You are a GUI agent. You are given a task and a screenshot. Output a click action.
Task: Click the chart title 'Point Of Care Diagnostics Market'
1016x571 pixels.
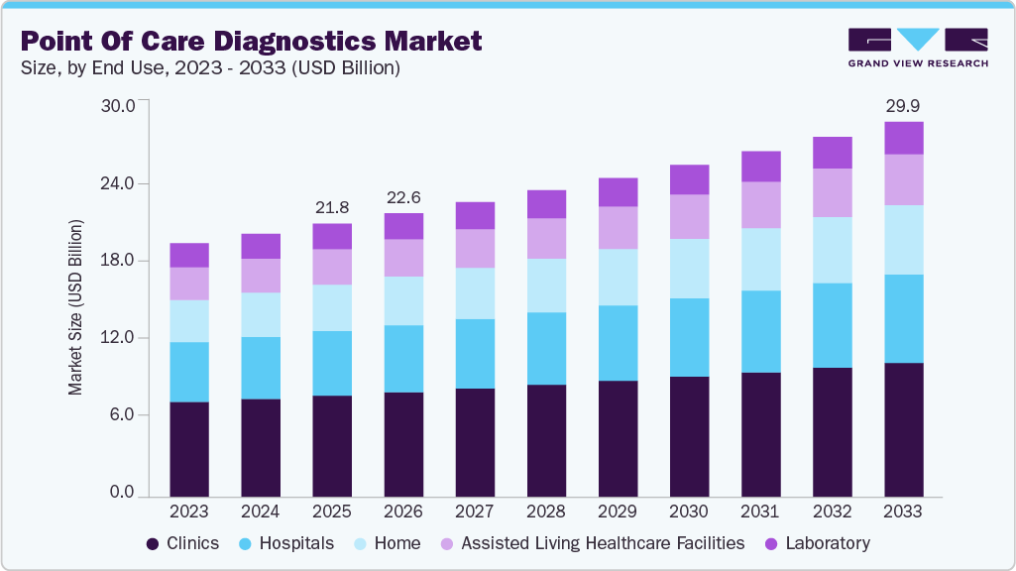(x=251, y=41)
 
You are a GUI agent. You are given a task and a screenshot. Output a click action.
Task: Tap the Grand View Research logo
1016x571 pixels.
(x=917, y=48)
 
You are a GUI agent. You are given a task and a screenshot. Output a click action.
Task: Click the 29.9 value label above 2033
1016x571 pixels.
(x=903, y=105)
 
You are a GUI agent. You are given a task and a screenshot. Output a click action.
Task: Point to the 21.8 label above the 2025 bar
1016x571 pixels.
(x=331, y=207)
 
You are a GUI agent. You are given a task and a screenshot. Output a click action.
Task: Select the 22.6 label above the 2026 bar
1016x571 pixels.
(x=402, y=196)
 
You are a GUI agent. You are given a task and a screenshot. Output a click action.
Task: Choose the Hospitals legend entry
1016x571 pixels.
(x=286, y=543)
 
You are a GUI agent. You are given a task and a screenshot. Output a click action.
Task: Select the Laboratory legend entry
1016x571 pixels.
(x=817, y=543)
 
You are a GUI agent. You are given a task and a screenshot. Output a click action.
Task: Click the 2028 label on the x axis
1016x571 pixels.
(x=546, y=512)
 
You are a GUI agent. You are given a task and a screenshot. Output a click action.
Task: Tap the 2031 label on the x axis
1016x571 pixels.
(x=760, y=512)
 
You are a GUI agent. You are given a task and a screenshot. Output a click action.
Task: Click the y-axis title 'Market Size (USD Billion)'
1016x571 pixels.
(x=76, y=314)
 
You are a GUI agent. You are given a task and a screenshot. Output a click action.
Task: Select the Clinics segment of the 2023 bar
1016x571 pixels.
(x=189, y=448)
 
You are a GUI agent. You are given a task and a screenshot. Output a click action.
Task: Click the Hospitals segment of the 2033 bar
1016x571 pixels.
(x=903, y=318)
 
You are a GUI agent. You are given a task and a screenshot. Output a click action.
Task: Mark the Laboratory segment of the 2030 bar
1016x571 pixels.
(x=689, y=179)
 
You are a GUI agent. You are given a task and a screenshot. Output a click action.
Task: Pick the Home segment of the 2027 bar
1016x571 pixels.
(x=475, y=293)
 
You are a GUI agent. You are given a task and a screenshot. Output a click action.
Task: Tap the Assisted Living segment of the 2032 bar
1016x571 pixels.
(x=832, y=192)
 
